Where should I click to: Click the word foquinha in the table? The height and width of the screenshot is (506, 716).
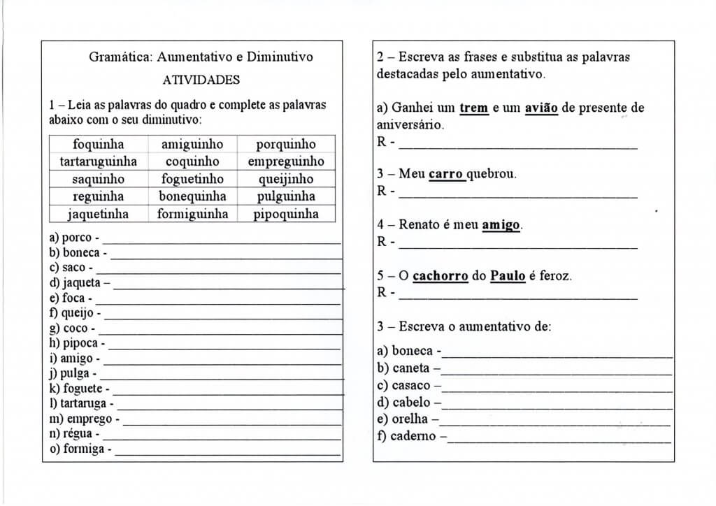[98, 145]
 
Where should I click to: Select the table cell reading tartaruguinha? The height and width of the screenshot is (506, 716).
[98, 161]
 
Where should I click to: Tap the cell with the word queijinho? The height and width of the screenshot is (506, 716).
[286, 179]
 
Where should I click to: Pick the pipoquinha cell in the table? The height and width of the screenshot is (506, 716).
[286, 214]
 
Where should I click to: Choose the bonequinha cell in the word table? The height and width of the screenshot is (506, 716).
[192, 196]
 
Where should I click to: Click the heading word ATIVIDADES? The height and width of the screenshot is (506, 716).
[201, 80]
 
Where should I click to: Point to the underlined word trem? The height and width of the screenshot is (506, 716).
[473, 108]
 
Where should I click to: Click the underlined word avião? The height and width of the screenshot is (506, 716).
[541, 108]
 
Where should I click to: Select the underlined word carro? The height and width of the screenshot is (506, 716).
[446, 174]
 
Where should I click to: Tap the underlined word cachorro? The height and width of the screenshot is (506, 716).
[440, 276]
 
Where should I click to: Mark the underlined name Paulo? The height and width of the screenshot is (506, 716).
[508, 276]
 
